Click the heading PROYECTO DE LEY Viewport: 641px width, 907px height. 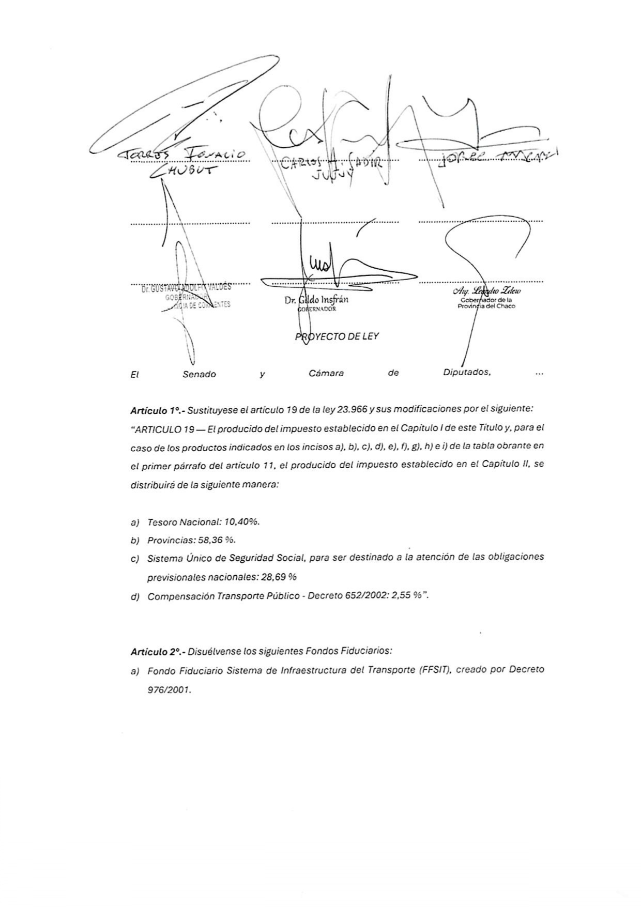coord(337,336)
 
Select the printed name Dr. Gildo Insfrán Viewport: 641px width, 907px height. coord(316,300)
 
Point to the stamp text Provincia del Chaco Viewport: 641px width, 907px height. coord(486,306)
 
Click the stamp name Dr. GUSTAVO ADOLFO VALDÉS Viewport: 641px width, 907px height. coord(186,288)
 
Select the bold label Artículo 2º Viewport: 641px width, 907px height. coord(157,652)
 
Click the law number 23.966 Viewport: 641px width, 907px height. coord(352,409)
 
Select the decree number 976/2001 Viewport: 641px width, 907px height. coord(169,689)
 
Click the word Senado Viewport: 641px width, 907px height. coord(199,374)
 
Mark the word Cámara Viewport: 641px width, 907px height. coord(326,373)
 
